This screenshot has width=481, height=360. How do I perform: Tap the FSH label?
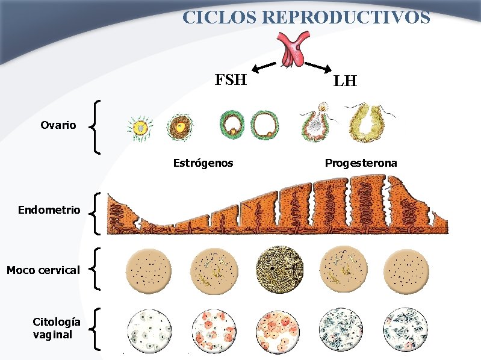[x=231, y=79]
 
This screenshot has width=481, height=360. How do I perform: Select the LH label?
[x=345, y=81]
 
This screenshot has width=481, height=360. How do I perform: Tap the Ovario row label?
[x=58, y=125]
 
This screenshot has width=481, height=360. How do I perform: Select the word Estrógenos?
[x=203, y=163]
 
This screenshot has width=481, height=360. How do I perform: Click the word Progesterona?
[x=361, y=163]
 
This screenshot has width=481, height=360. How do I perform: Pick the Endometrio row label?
[x=49, y=210]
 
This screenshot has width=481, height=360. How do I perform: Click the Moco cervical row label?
[x=43, y=270]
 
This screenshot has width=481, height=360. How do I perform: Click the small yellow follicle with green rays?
[x=140, y=127]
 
